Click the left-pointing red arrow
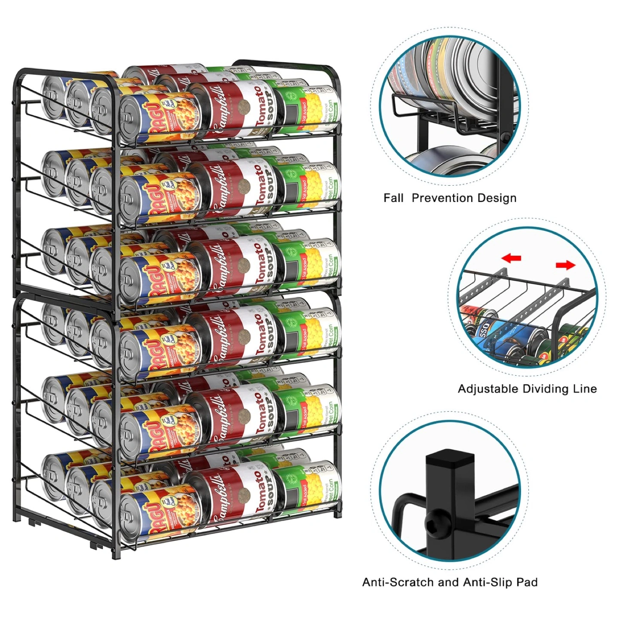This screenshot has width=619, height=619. pyautogui.click(x=512, y=258)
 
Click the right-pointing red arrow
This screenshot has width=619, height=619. pyautogui.click(x=565, y=265)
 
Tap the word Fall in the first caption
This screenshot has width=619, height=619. pyautogui.click(x=393, y=198)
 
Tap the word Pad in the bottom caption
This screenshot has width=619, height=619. pyautogui.click(x=527, y=582)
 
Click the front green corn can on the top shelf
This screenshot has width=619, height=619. pyautogui.click(x=307, y=110)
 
